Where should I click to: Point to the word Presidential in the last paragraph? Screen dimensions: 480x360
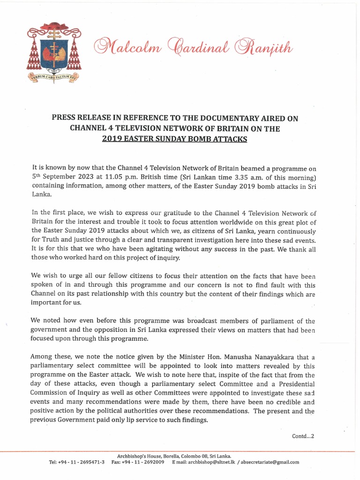coord(293,384)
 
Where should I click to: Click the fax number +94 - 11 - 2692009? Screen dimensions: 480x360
coord(143,462)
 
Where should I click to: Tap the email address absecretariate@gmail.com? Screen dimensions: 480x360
coord(270,462)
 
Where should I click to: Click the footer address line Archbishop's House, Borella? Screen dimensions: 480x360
coord(173,456)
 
